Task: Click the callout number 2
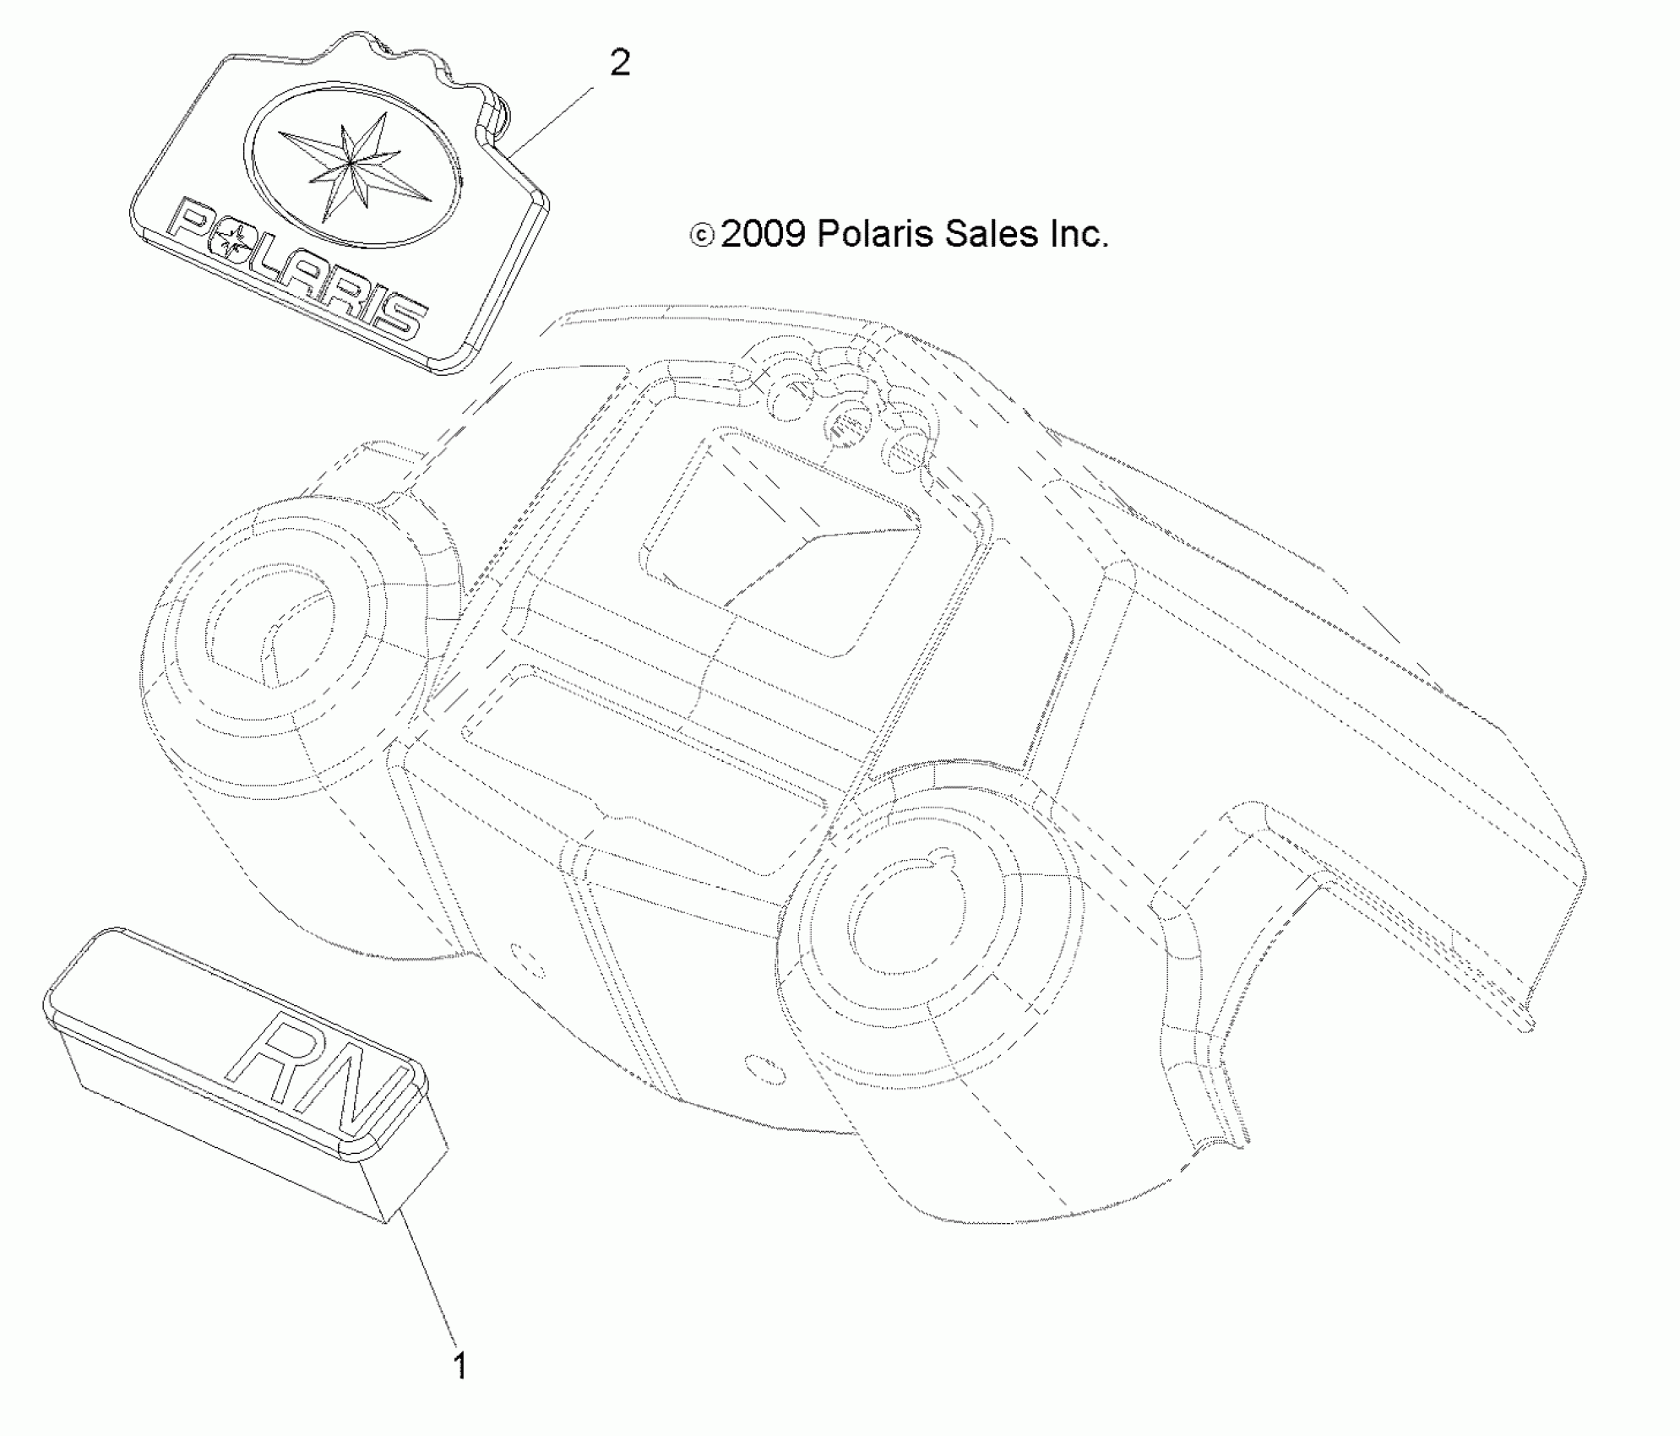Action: click(x=619, y=63)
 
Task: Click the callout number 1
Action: click(x=460, y=1366)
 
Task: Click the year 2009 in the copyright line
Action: click(x=763, y=234)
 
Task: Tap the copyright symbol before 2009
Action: click(x=702, y=236)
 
